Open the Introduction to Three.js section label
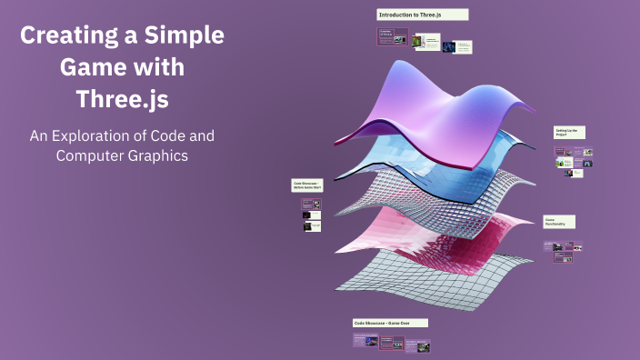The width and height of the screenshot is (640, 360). (x=422, y=15)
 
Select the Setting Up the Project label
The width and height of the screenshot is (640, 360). (x=569, y=132)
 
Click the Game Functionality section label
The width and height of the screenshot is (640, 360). (x=558, y=222)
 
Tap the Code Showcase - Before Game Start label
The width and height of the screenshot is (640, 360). (x=305, y=185)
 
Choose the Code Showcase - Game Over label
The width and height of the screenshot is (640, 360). (x=390, y=323)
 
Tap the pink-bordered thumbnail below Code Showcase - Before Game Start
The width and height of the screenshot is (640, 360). (x=312, y=205)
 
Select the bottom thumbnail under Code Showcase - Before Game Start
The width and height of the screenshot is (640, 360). (x=312, y=225)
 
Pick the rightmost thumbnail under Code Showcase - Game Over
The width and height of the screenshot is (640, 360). (x=417, y=345)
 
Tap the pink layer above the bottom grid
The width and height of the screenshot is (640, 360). (x=427, y=237)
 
